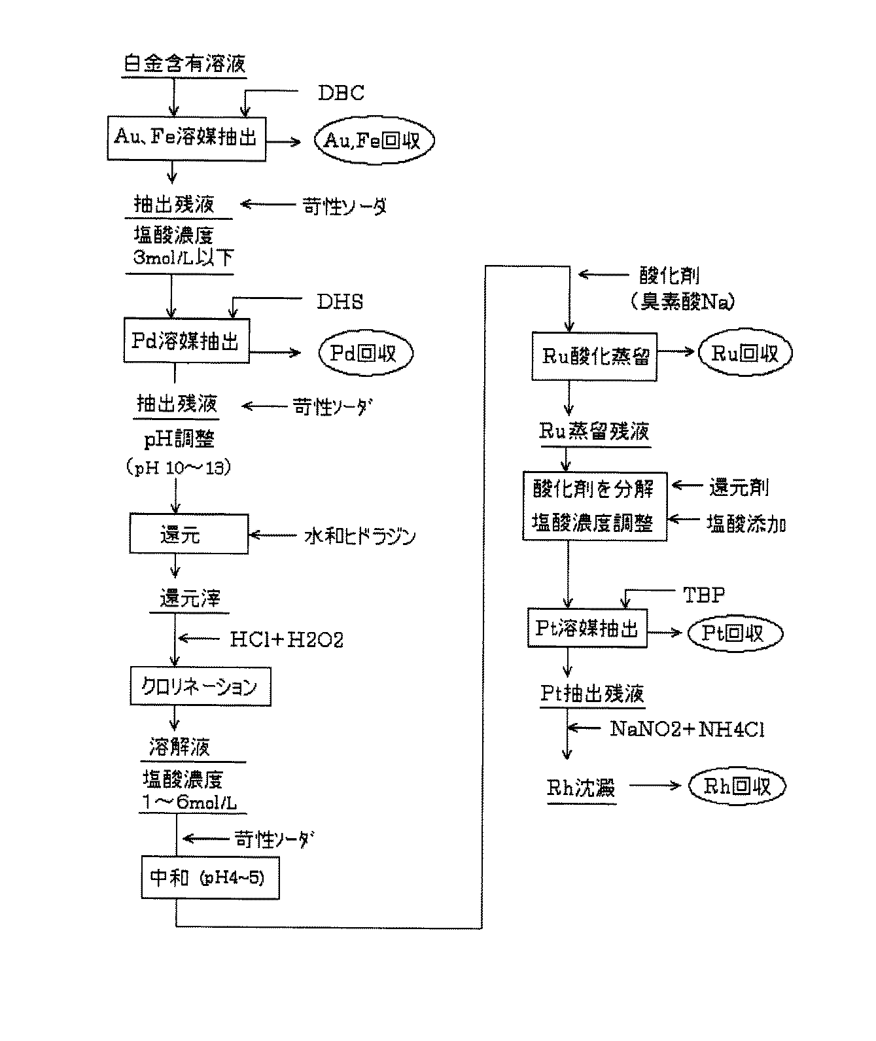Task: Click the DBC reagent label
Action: tap(341, 93)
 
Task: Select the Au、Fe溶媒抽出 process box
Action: tap(186, 138)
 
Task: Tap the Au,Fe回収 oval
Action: tap(374, 141)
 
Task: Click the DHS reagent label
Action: tap(340, 302)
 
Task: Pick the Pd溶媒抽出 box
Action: tap(186, 341)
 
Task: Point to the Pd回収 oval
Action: tap(366, 353)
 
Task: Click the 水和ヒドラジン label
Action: tap(360, 537)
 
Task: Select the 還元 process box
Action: tap(189, 535)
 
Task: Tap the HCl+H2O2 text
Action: tap(287, 639)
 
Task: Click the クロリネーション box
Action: tap(200, 686)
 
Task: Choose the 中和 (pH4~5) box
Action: tap(210, 877)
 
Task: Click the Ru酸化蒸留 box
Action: tap(594, 356)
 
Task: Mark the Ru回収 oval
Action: tap(745, 353)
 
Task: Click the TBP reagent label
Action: tap(704, 594)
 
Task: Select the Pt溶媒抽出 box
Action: tap(587, 629)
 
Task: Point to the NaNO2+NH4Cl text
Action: tap(687, 729)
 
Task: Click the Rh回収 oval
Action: tap(737, 786)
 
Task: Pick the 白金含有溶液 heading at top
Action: tap(185, 64)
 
